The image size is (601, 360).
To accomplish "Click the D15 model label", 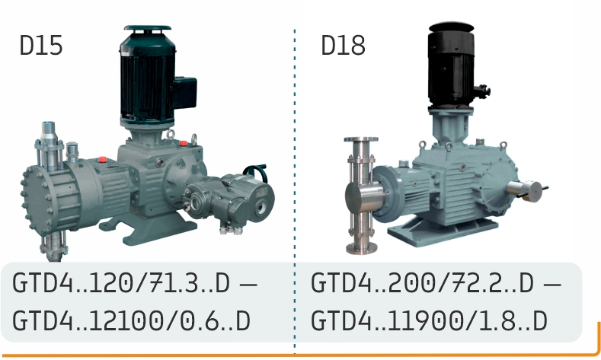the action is pos(41,45).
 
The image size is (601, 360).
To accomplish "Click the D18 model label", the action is pos(343,45).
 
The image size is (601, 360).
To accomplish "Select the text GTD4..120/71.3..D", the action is pos(121,283).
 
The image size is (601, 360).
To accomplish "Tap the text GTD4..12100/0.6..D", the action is pos(132,321).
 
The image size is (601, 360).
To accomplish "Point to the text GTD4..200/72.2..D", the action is pos(422,283).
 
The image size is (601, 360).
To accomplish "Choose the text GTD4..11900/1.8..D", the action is pos(429,321).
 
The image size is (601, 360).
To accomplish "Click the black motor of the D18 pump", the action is pos(452,65).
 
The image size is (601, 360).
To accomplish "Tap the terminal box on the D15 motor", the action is pos(186,92).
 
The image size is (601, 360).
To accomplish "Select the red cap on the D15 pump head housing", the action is pos(102,159).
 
